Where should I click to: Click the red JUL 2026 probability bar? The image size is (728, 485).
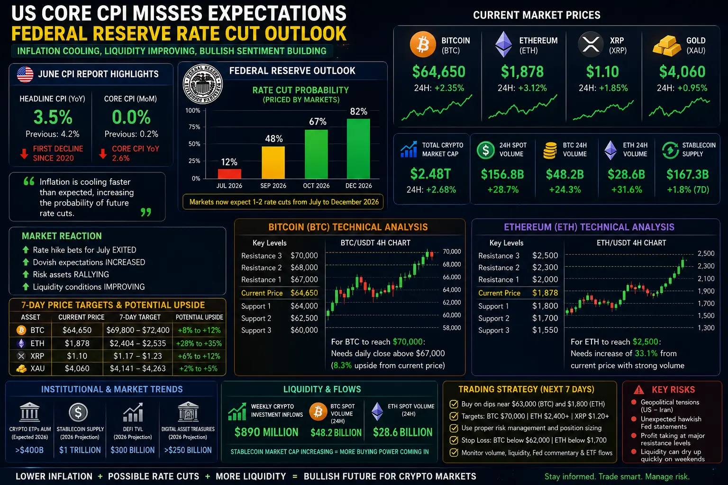(229, 174)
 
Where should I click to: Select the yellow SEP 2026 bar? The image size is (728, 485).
(273, 162)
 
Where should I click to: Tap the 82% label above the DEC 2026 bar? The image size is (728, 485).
(358, 112)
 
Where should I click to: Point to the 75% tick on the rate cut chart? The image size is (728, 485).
(194, 127)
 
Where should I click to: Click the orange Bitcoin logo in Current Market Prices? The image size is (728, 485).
(423, 45)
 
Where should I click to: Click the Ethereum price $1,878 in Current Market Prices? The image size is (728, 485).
(522, 72)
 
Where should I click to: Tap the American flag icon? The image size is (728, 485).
(25, 74)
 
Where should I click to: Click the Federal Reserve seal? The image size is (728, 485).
(202, 84)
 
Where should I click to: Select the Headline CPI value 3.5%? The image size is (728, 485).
(53, 117)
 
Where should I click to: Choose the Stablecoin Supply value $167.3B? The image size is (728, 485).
(687, 174)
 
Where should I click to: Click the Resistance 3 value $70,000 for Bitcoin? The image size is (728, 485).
(304, 256)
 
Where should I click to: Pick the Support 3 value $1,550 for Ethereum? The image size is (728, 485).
(545, 330)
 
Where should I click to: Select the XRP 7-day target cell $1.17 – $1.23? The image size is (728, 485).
(137, 356)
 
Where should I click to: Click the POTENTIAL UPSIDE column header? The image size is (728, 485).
(199, 317)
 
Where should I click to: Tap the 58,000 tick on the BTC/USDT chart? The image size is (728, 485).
(452, 328)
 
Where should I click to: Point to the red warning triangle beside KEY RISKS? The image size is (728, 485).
(638, 389)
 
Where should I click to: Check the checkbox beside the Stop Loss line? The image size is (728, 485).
(454, 440)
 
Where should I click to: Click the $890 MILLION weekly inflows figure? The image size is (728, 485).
(266, 432)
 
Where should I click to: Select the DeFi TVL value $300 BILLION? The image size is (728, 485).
(133, 450)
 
